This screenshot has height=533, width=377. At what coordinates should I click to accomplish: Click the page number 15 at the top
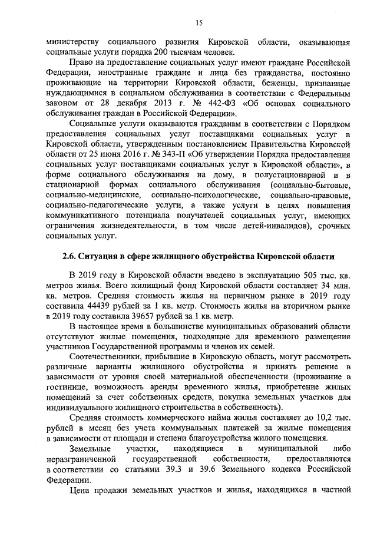[199, 23]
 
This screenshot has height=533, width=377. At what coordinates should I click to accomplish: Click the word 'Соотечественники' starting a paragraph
[104, 356]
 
